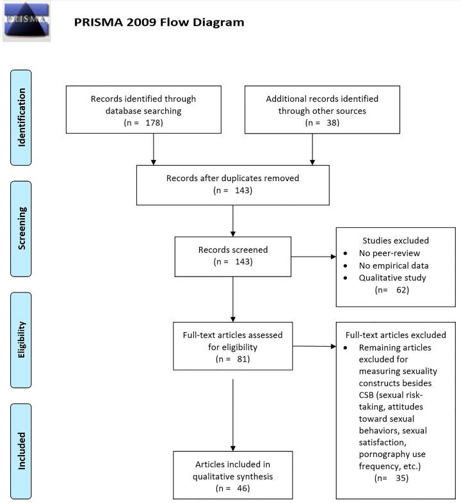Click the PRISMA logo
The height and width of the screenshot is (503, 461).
[26, 21]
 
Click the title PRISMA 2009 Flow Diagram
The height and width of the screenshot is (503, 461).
[159, 22]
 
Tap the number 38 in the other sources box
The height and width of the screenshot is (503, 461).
[332, 122]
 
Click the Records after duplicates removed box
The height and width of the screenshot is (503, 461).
[232, 184]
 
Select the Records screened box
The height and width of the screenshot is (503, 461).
[232, 257]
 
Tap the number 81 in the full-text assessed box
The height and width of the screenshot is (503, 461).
[241, 358]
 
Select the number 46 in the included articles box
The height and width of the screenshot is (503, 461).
[241, 488]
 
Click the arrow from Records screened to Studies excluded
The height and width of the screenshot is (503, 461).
[313, 257]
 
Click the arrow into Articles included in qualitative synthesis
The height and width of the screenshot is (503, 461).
[232, 416]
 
